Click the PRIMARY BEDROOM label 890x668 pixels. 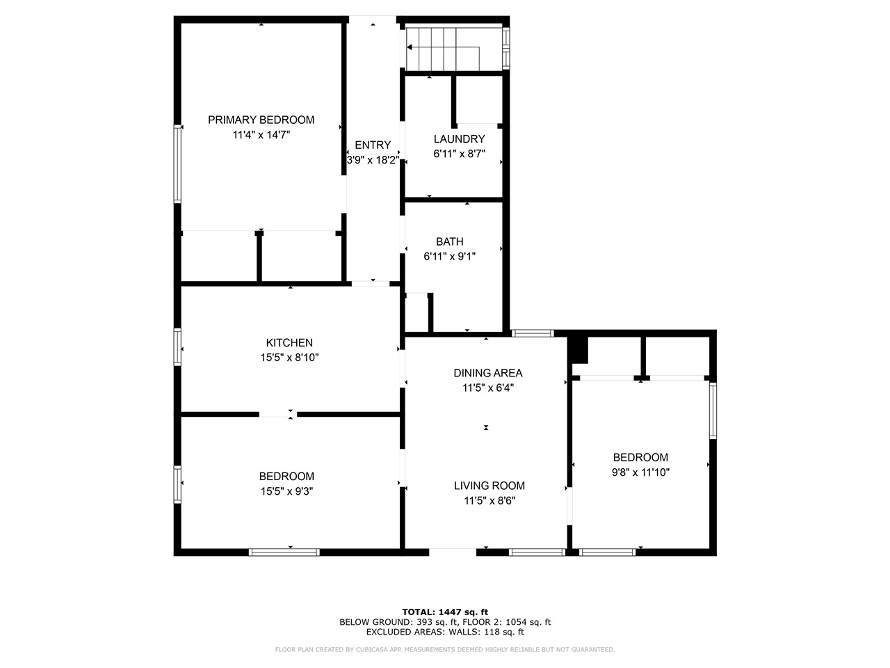pos(261,120)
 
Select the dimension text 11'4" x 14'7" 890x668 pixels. pos(261,135)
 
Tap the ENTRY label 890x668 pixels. pos(373,145)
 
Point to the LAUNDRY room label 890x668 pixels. pos(459,139)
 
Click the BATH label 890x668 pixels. pos(449,241)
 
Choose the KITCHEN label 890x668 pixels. pos(289,342)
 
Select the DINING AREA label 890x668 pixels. pos(487,373)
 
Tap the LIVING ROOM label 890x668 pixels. pos(489,486)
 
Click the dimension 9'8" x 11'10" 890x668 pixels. pos(640,472)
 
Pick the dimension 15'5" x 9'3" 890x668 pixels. pos(286,491)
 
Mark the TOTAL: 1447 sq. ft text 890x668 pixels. pos(445,612)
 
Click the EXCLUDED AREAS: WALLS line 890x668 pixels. pos(445,632)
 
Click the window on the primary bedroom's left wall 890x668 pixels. pos(177,164)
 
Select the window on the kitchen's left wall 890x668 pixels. pos(177,347)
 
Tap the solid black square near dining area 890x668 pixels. pos(578,349)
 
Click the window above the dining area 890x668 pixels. pos(533,334)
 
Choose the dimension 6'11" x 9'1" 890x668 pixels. pos(449,256)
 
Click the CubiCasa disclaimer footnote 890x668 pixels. pos(445,650)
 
